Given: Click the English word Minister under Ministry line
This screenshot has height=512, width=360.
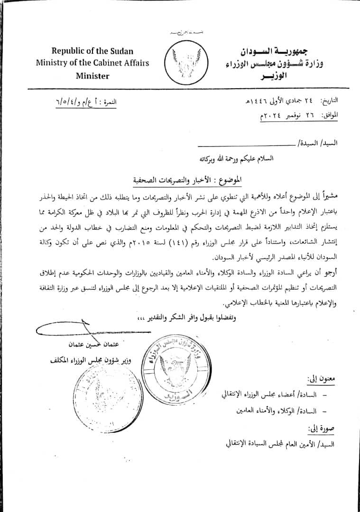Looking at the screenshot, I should [x=93, y=75].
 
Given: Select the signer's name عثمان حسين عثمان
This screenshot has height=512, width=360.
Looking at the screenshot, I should [x=99, y=345].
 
